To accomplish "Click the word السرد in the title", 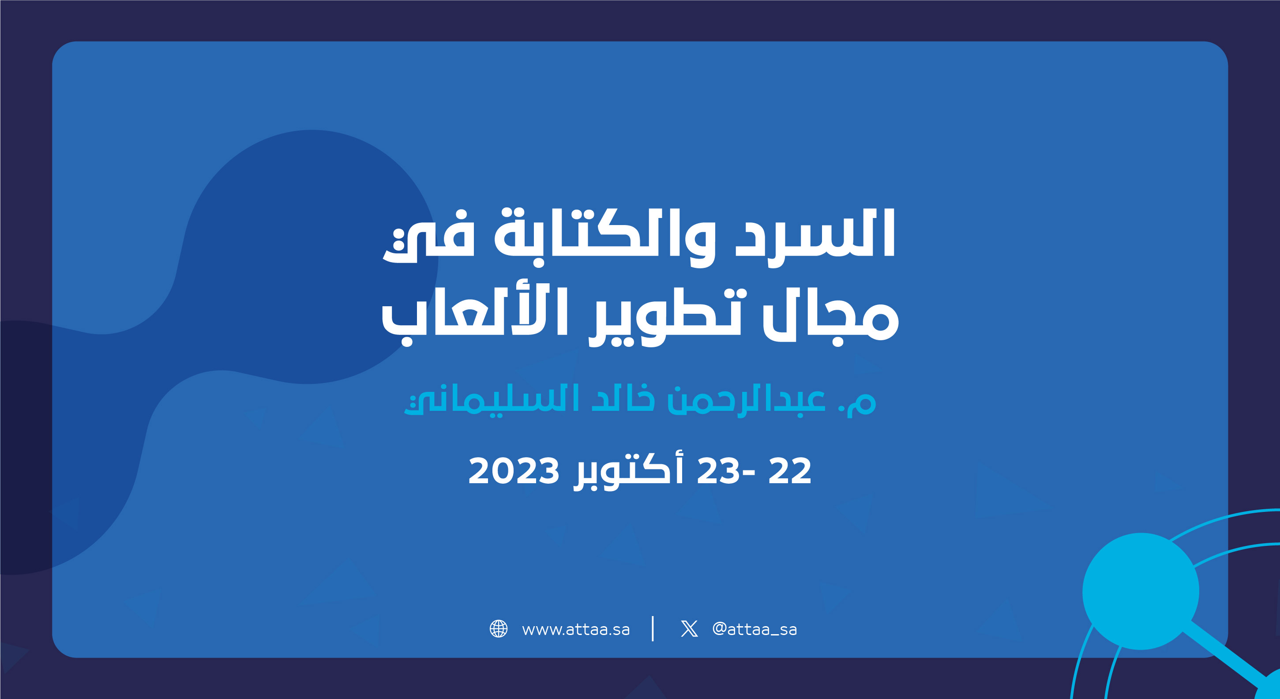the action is [x=815, y=233].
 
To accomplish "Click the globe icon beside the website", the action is [x=499, y=628].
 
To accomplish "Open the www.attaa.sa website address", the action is [x=576, y=629].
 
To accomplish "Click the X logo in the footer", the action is [x=689, y=628].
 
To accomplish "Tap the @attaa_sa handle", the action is [x=754, y=629].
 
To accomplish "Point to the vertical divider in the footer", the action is [x=653, y=628].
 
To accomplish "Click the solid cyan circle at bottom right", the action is [x=1141, y=591].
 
